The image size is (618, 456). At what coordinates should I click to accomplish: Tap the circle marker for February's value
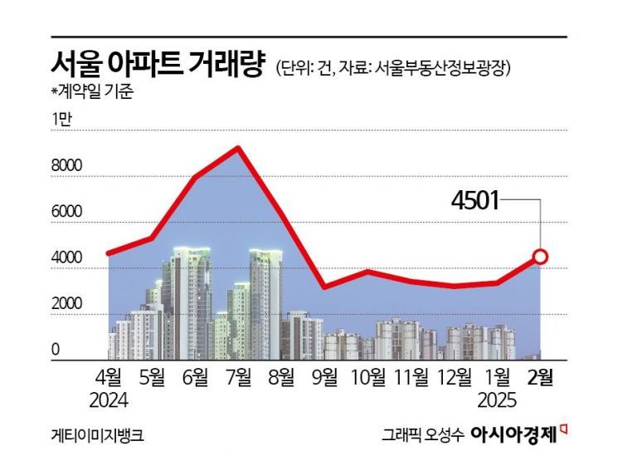[x=541, y=257]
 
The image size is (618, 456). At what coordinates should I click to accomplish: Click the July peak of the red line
[x=239, y=149]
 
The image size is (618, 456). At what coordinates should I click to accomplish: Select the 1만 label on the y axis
[x=62, y=120]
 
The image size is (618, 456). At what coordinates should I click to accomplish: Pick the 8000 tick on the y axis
[x=66, y=166]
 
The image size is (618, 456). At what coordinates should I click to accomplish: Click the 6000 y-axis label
[x=66, y=213]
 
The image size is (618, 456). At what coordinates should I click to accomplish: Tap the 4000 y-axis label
[x=66, y=258]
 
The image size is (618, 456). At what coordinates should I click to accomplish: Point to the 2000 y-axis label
[x=66, y=305]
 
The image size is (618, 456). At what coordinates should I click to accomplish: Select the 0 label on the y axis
[x=56, y=351]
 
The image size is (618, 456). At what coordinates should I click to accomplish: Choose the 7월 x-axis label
[x=239, y=378]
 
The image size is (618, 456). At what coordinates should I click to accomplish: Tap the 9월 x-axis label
[x=325, y=378]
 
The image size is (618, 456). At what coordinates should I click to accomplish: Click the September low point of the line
[x=325, y=287]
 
